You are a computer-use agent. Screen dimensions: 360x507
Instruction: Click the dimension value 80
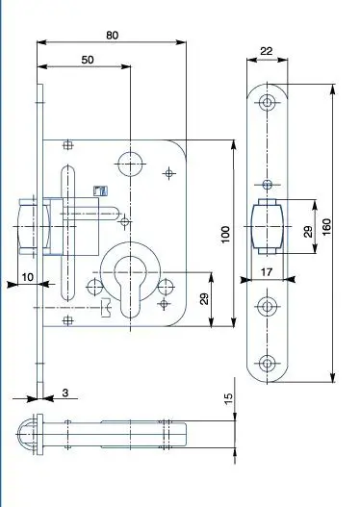point(113,35)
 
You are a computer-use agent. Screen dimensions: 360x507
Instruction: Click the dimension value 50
point(88,60)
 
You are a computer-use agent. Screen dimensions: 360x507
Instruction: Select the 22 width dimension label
point(267,51)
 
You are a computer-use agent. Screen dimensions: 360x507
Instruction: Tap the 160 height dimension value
point(327,227)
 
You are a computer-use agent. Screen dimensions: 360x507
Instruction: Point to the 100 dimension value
point(225,235)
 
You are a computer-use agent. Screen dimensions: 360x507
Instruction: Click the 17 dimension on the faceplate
point(267,272)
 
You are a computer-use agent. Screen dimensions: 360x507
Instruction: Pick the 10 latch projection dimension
point(28,277)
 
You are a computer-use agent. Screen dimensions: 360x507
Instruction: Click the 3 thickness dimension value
point(65,393)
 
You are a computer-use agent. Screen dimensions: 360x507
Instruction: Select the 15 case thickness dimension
point(228,398)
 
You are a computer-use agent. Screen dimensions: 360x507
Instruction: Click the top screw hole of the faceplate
point(268,103)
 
